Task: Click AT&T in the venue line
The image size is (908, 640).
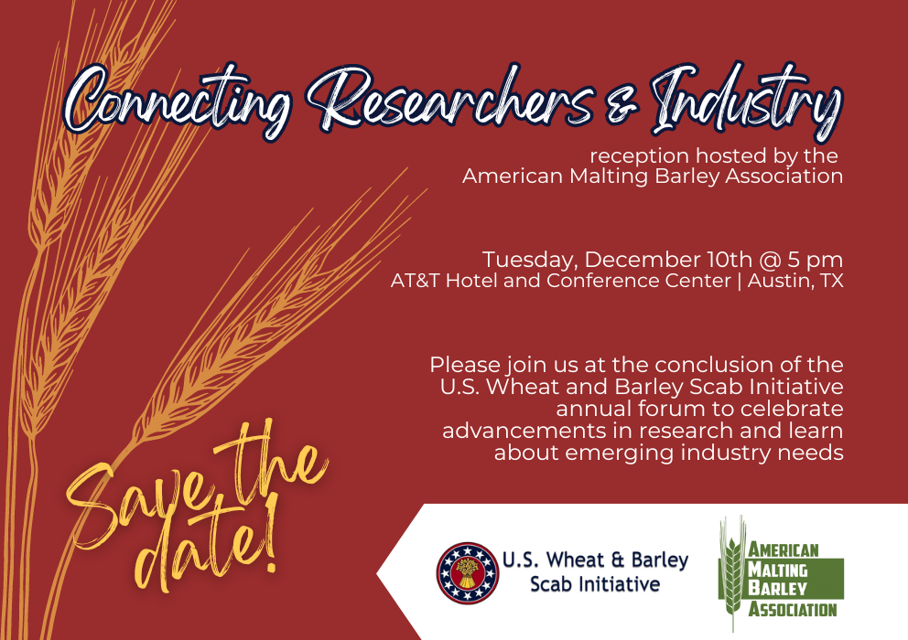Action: pos(416,281)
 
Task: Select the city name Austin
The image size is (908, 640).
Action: pos(779,281)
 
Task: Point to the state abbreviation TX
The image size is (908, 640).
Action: pos(831,281)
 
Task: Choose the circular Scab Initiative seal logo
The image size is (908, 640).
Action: pos(467,572)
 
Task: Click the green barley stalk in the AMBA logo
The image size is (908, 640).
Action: pos(731,571)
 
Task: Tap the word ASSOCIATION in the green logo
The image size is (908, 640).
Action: pos(793,608)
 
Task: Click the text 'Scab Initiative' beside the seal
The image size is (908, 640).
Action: pos(594,583)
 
